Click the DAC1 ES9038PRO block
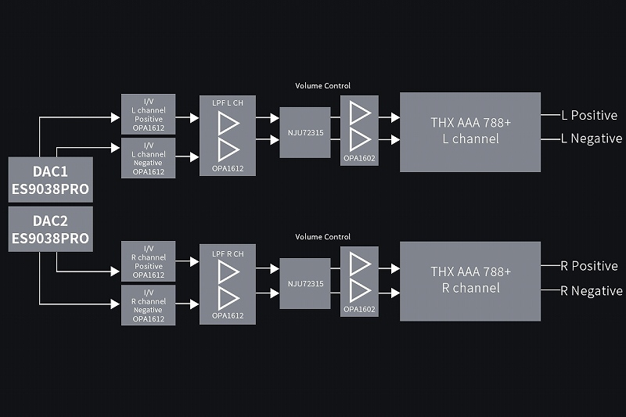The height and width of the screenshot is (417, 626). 50,180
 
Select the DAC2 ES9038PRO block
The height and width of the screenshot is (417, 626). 50,228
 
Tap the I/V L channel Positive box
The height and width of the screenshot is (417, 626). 148,113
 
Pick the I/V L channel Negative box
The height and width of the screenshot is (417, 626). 148,157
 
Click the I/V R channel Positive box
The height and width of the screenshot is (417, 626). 148,261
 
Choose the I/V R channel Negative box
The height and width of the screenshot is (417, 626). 148,305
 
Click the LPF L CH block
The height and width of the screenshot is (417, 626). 228,135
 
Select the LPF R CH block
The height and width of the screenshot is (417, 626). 228,285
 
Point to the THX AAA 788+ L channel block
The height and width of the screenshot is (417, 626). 470,131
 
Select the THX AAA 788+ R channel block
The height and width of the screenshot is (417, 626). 470,281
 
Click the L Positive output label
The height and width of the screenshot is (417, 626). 589,116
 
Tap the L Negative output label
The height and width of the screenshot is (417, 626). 592,138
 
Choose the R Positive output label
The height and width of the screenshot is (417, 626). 589,266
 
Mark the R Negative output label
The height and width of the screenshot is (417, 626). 592,291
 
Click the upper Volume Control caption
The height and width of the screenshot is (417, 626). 322,85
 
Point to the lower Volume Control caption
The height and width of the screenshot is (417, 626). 322,236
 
